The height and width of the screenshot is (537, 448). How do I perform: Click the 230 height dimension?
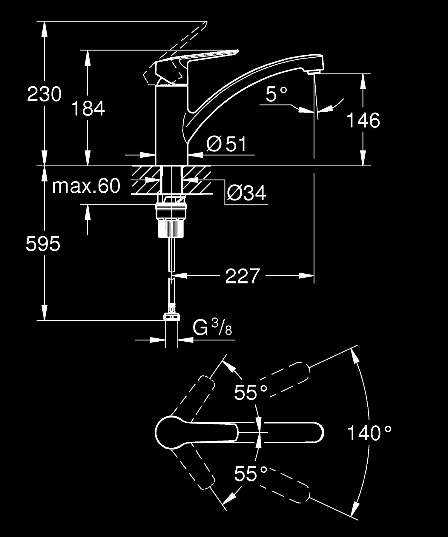click(44, 94)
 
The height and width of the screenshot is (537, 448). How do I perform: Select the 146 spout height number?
click(363, 120)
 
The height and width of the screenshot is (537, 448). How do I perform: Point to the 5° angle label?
click(276, 94)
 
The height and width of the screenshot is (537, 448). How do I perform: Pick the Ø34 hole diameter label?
click(246, 193)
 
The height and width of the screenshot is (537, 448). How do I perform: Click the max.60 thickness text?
click(86, 186)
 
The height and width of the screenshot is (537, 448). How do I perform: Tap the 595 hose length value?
click(43, 243)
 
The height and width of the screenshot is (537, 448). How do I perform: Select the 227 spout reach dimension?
click(242, 276)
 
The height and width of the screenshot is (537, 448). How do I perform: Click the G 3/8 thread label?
click(212, 328)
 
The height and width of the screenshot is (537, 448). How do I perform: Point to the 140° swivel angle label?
click(369, 433)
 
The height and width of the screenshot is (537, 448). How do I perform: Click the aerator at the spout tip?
click(312, 72)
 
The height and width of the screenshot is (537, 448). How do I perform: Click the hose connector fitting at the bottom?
click(172, 317)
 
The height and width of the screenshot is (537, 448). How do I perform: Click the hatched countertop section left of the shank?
click(145, 181)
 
